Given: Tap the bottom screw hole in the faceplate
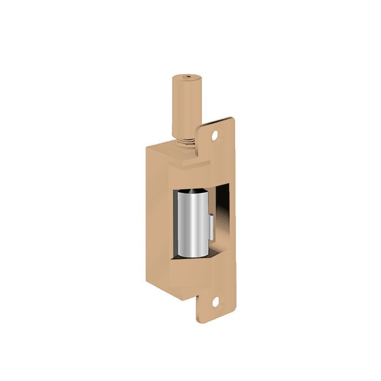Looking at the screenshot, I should pyautogui.click(x=216, y=303).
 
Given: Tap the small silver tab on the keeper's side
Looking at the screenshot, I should pyautogui.click(x=210, y=227).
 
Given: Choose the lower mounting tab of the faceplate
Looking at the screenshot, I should pyautogui.click(x=215, y=305).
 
